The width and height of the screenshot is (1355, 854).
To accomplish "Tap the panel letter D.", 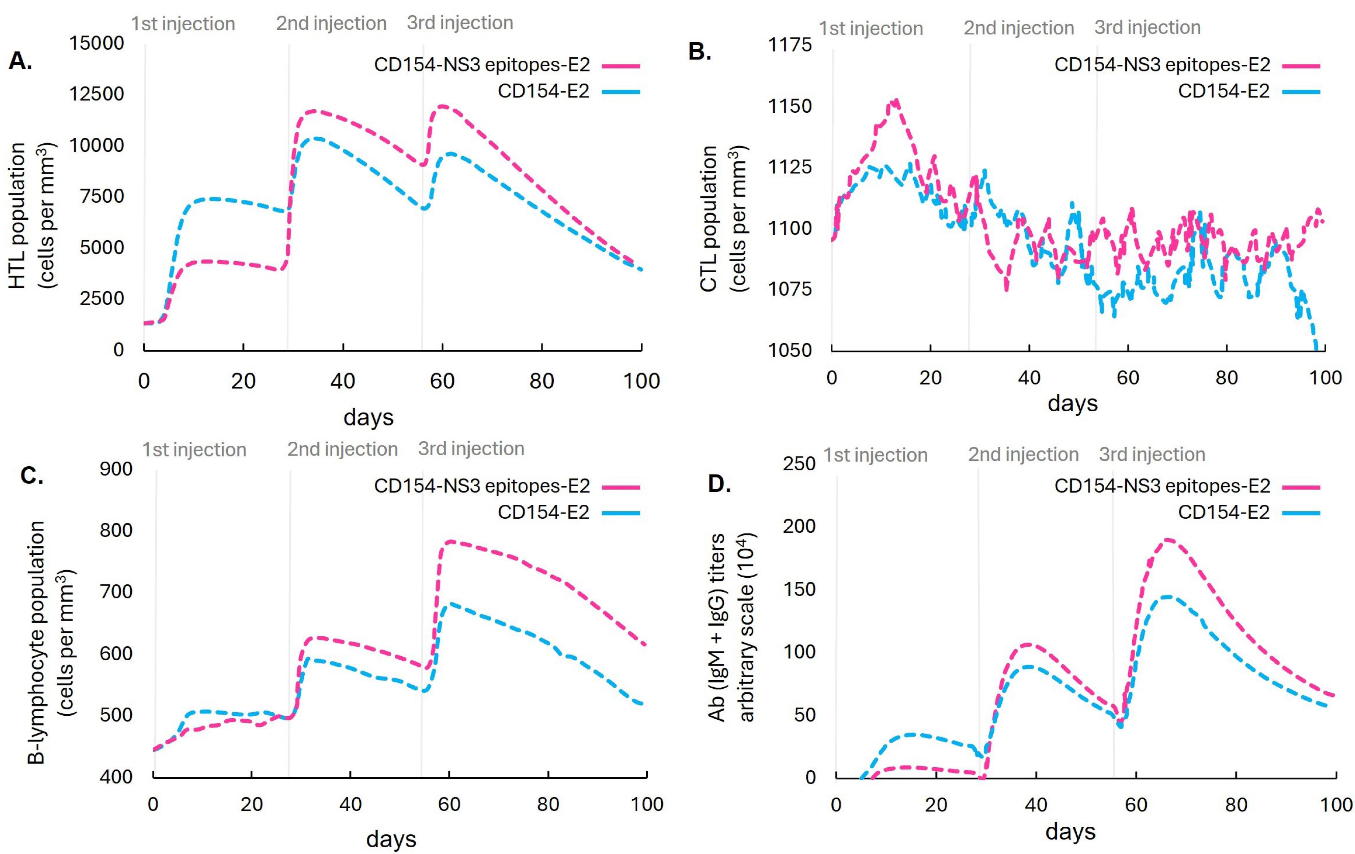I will (719, 484).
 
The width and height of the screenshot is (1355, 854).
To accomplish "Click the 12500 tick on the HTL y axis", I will (96, 94).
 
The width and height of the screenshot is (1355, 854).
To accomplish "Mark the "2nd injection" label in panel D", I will (1023, 454).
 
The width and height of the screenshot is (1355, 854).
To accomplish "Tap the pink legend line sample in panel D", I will (1301, 486).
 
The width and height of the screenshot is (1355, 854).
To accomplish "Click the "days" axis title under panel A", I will (368, 417).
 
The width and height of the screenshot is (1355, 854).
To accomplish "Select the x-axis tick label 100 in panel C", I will (646, 804).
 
